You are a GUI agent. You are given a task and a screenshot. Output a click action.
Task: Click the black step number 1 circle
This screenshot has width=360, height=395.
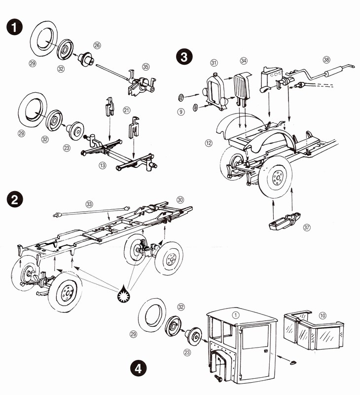[15, 27]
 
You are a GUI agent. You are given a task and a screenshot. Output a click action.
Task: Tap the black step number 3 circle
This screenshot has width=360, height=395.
[184, 57]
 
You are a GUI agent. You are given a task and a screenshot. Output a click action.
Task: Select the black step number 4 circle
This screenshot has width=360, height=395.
[139, 369]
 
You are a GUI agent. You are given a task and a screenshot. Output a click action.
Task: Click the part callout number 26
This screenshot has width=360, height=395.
[97, 45]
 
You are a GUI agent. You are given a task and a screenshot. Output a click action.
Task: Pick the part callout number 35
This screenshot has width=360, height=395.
[145, 67]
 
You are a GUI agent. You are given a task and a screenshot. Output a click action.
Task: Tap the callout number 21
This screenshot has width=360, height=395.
[127, 110]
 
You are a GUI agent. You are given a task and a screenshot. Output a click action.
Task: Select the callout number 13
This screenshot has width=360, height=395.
[103, 165]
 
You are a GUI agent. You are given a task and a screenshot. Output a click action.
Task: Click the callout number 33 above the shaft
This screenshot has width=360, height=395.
[89, 204]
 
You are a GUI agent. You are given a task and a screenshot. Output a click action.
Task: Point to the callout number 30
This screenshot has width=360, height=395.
[180, 200]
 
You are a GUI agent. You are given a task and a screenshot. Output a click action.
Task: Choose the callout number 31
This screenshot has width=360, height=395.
[214, 63]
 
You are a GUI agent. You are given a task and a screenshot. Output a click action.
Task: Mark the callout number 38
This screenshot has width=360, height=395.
[326, 60]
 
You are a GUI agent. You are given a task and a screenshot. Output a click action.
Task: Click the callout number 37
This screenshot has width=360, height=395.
[307, 228]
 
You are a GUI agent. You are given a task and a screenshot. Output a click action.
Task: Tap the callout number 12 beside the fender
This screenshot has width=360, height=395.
[209, 143]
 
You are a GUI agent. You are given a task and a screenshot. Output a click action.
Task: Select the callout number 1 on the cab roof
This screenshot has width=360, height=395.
[235, 315]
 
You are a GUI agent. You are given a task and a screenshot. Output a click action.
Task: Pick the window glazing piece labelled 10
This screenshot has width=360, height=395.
[313, 329]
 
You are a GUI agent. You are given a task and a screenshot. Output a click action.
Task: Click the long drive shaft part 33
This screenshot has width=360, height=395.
[92, 211]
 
